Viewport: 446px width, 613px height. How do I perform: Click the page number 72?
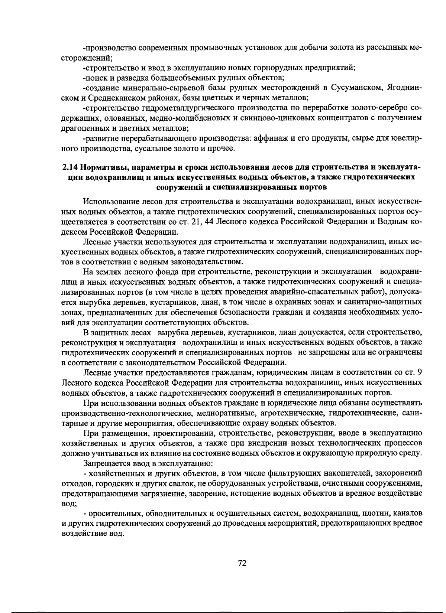point(242,563)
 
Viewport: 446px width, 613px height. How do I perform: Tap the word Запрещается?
point(104,463)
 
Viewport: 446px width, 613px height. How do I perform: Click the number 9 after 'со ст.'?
point(419,372)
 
